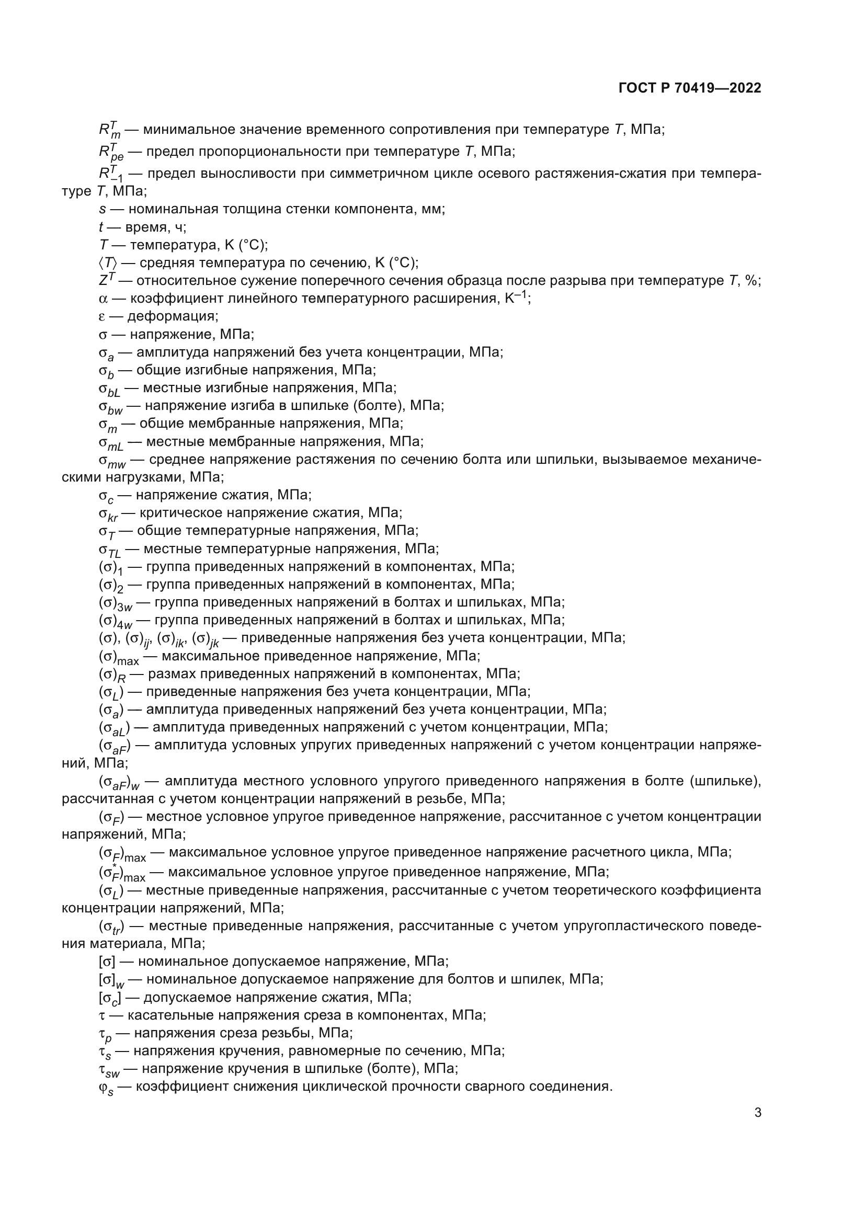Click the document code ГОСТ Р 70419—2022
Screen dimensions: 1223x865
point(690,88)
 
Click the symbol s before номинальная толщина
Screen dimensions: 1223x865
point(103,209)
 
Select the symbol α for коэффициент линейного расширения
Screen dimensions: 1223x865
point(103,299)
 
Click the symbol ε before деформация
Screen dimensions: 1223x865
point(103,317)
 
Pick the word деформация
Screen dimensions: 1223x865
point(173,316)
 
